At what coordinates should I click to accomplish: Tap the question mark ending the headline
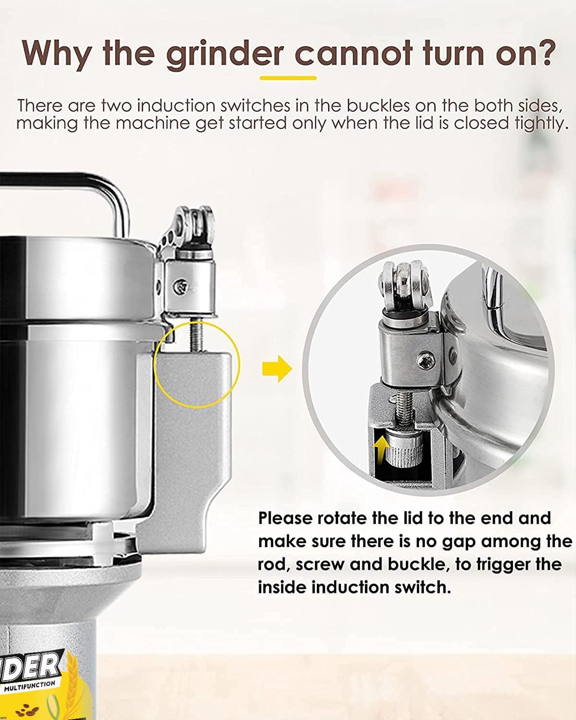click(x=543, y=52)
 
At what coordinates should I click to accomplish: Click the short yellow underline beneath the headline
click(x=288, y=78)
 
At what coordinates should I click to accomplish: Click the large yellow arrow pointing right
click(x=277, y=369)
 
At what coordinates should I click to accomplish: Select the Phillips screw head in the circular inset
click(x=426, y=360)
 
